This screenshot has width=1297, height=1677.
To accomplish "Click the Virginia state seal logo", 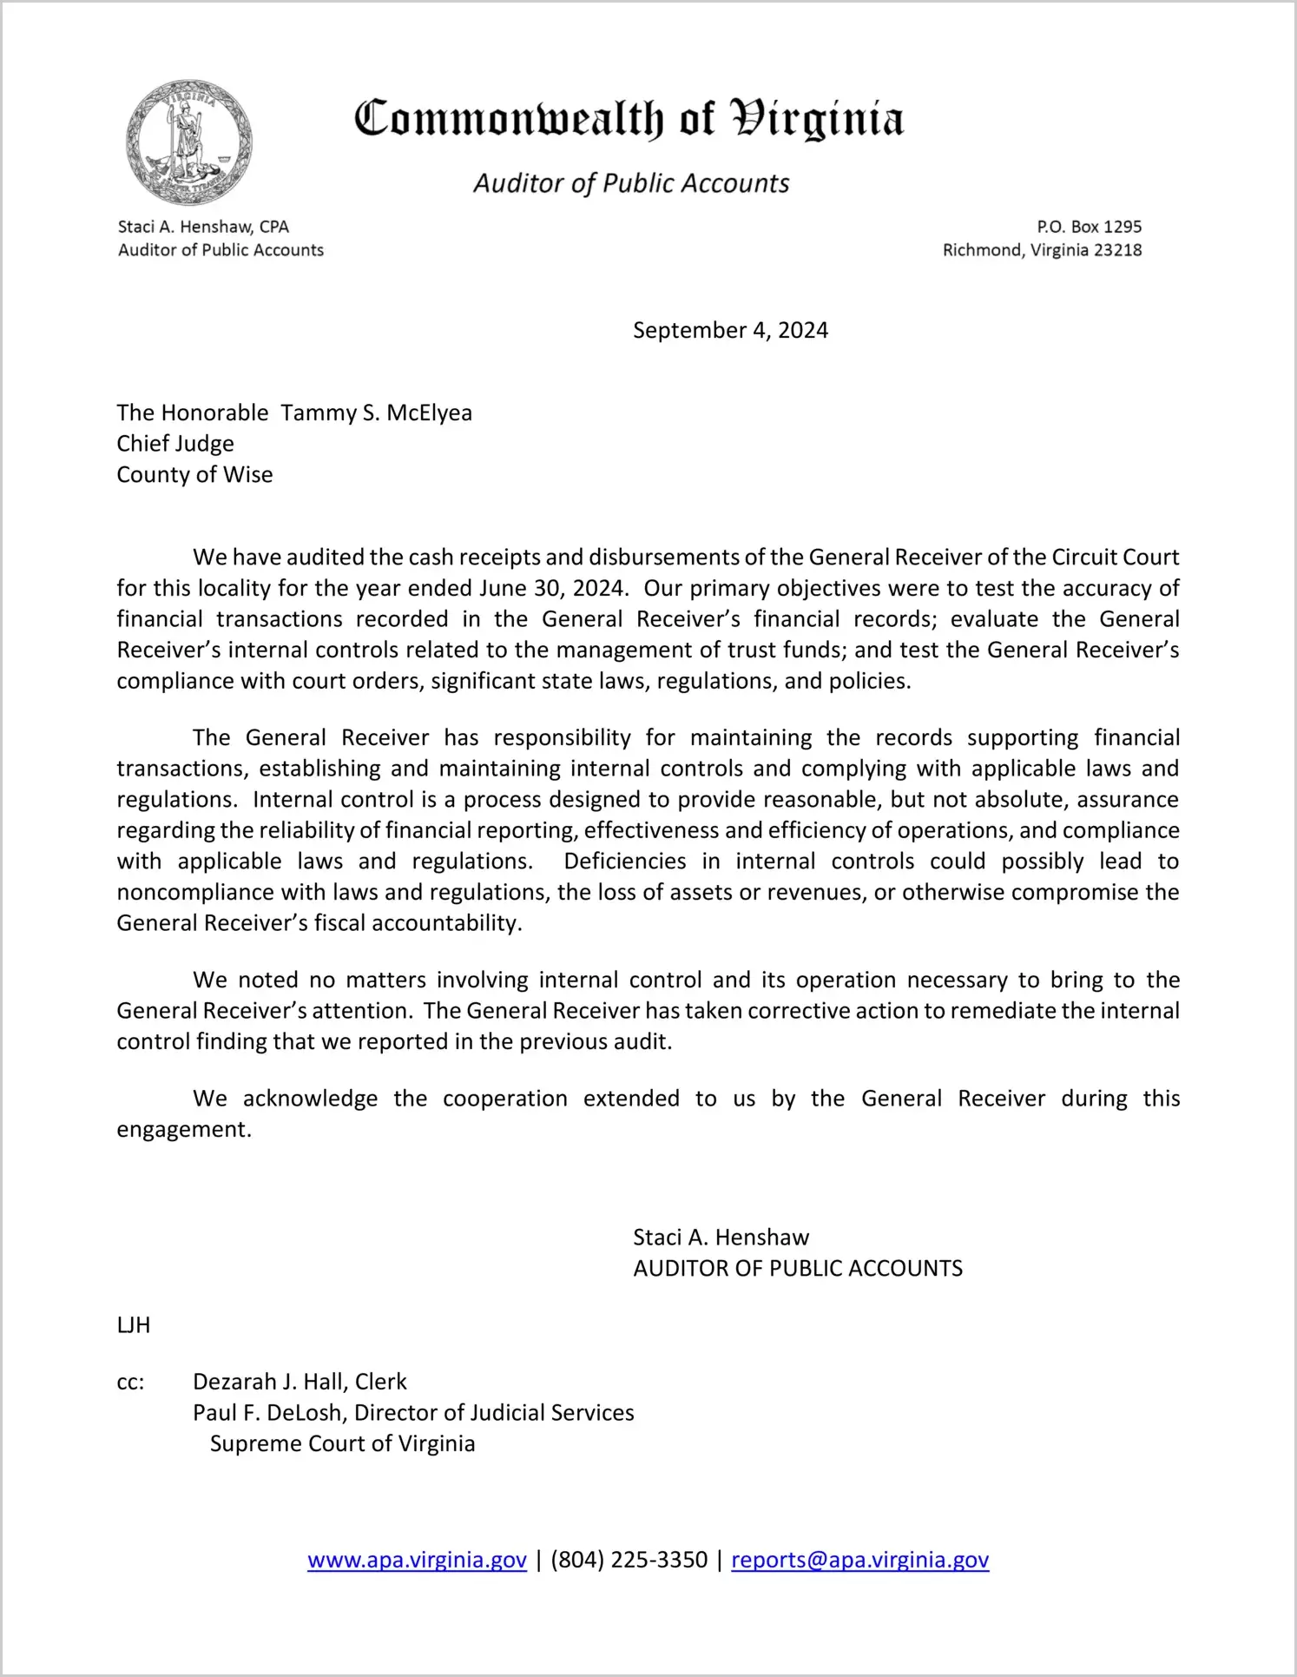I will coord(189,142).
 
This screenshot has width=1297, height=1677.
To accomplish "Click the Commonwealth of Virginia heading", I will coord(629,119).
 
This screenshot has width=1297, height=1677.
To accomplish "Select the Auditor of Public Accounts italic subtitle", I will coord(631,183).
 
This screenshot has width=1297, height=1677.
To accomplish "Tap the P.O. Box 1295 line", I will coord(1089,227).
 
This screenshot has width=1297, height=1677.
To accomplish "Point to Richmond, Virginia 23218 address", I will coord(1042,250).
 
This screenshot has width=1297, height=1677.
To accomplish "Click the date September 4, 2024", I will coord(730,330).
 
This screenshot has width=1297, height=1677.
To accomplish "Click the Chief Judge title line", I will coord(175,444).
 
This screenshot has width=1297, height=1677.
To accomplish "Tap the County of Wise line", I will coord(194,475).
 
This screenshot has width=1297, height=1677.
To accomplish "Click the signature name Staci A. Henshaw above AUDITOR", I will coord(721,1238).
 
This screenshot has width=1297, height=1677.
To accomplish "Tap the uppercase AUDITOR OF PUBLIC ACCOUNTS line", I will coord(798,1269).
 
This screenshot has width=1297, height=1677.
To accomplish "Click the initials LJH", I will coord(134,1325).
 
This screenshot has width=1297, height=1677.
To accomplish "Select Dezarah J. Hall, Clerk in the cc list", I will coord(300,1382).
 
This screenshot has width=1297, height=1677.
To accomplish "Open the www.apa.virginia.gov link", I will coord(417,1560).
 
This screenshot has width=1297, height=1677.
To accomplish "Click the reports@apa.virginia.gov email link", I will coord(859,1560).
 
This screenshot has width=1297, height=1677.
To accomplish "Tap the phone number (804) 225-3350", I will coord(629,1560).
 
